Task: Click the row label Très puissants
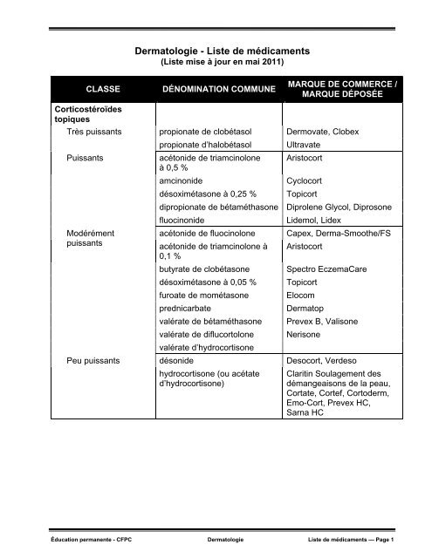94,132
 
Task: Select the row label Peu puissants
94,359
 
